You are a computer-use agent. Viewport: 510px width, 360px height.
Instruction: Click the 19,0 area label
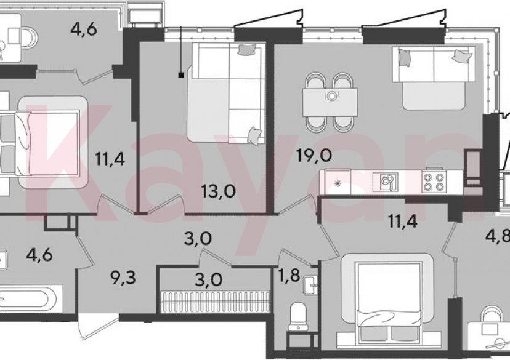coord(314,156)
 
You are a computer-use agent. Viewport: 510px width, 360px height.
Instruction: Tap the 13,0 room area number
coord(218,191)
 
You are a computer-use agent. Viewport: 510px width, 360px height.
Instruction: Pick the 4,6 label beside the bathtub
coord(39,254)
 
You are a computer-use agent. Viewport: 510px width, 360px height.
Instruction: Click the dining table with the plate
coord(330,102)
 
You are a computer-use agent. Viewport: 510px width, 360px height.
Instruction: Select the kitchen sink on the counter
coord(386,182)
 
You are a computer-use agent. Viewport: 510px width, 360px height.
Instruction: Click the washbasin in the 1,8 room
coord(310,286)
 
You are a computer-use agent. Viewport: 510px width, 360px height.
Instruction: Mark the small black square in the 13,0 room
coord(181,75)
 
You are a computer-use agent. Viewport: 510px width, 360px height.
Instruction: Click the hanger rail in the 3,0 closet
coord(216,302)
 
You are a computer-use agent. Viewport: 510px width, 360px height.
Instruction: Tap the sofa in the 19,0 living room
coord(434,78)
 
